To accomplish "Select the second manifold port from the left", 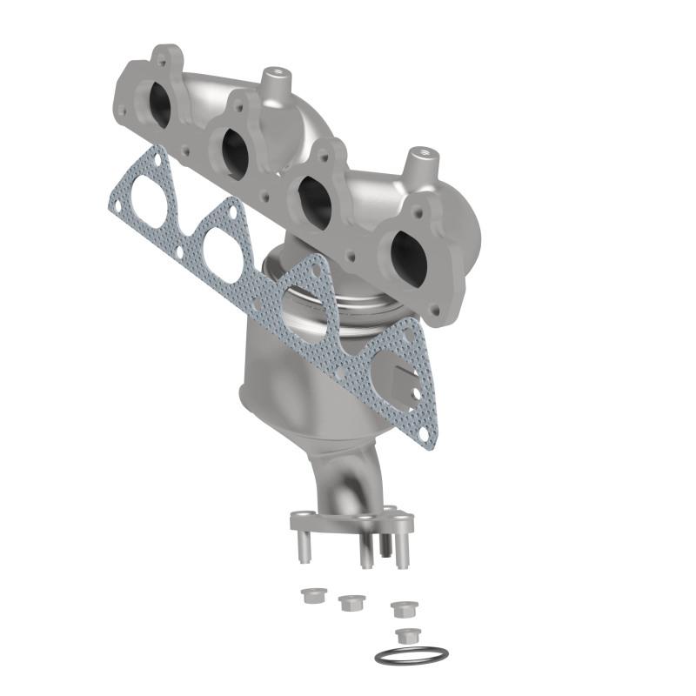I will click(x=235, y=153).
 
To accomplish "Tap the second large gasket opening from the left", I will click(x=222, y=253).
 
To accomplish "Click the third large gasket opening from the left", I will click(x=302, y=306).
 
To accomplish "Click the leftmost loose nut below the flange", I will click(x=309, y=596).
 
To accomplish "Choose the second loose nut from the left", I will click(x=351, y=602).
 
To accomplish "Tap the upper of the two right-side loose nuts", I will click(x=402, y=608).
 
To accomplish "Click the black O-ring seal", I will click(x=412, y=655).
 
